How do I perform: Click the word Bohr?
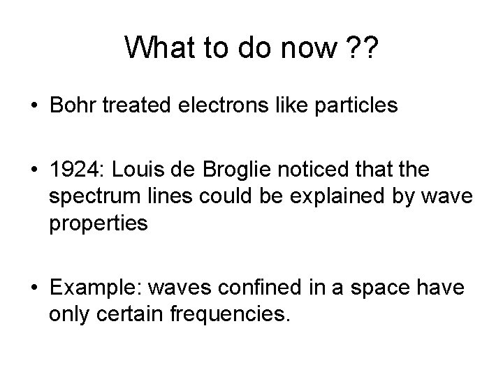click(74, 106)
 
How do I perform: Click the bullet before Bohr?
click(34, 106)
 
